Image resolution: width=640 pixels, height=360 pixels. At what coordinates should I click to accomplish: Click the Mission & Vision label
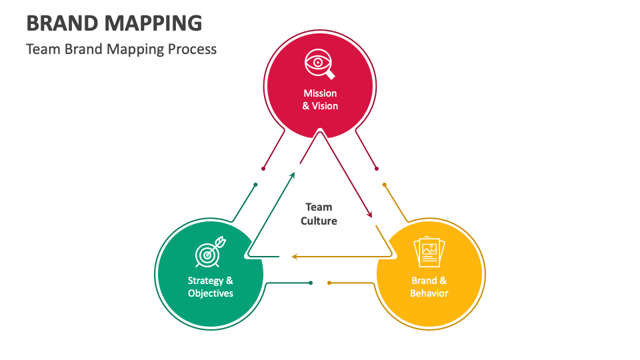pos(320,99)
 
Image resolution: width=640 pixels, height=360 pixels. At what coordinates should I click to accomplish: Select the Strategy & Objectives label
pos(211,287)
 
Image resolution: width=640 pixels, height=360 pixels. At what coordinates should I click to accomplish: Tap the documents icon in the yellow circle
pos(429,253)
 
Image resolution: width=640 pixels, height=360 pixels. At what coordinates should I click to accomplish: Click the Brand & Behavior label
pos(429,287)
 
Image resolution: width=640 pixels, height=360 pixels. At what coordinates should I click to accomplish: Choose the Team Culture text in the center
pos(319,214)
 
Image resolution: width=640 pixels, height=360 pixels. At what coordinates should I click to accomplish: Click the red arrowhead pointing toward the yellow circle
pos(369,214)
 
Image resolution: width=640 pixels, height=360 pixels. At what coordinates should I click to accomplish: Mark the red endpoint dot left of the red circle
pos(264,168)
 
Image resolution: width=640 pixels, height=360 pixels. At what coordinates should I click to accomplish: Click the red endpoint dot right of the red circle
pos(377,168)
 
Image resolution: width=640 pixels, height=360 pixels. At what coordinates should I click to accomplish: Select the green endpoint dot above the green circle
pos(255,185)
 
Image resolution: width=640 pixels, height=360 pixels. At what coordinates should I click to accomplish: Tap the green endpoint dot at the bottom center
pos(311,283)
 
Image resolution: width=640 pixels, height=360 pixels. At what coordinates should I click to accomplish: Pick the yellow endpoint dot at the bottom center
pos(329,283)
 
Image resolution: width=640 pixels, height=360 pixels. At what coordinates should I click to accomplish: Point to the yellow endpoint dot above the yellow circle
pos(385,185)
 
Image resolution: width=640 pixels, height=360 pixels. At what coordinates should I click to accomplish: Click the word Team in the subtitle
pos(43,49)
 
